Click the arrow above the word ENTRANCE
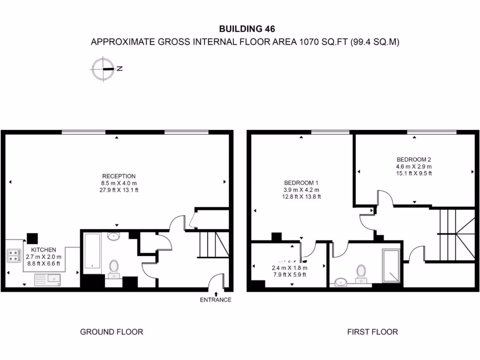[x=216, y=293]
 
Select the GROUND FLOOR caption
[x=112, y=332]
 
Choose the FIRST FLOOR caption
[x=372, y=332]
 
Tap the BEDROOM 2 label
[x=414, y=158]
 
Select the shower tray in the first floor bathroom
[x=391, y=266]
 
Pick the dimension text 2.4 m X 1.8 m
[x=289, y=268]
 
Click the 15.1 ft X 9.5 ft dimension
[x=414, y=173]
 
